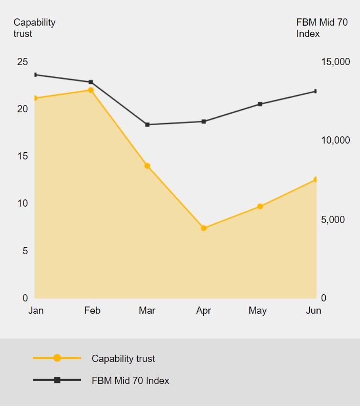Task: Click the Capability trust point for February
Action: pos(91,90)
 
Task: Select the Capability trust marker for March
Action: pos(147,166)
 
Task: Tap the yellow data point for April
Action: pos(203,228)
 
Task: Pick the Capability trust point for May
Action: pos(260,207)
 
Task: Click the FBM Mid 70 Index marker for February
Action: pos(91,82)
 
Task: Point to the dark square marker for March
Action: pos(147,125)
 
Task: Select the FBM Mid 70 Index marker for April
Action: pos(203,121)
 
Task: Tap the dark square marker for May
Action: pos(260,104)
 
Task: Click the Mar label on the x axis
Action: pos(147,311)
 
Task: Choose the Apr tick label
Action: pos(203,311)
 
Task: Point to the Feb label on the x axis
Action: pos(92,311)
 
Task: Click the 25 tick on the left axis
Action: pos(23,62)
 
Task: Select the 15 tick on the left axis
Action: pos(23,156)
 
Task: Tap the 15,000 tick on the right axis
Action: pos(335,62)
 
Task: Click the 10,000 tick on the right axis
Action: pos(335,140)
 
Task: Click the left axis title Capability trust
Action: pos(34,28)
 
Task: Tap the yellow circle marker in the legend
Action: pos(57,358)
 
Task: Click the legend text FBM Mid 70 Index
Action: pos(130,381)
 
